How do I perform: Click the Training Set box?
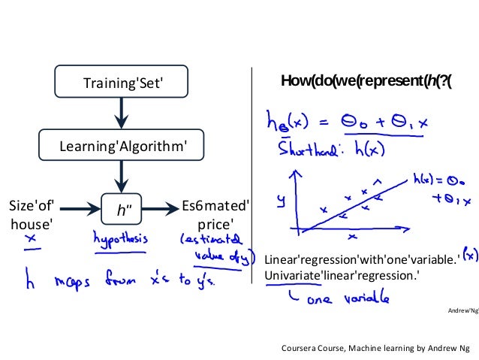pos(122,82)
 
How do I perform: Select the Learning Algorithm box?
pos(122,145)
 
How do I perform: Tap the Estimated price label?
pos(216,213)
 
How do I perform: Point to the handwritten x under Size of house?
pos(31,240)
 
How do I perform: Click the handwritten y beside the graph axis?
pos(281,199)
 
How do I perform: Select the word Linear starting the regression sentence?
pos(282,260)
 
